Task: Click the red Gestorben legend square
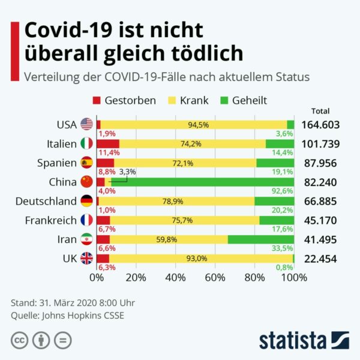[x=97, y=100]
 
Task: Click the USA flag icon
[x=86, y=125]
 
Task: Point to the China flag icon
[x=86, y=182]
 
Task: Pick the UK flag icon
[x=86, y=259]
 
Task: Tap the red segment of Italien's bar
[x=107, y=144]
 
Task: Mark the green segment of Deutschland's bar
[x=274, y=201]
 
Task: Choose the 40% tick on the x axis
[x=175, y=277]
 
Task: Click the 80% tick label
[x=254, y=277]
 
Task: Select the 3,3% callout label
[x=128, y=172]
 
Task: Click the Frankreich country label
[x=50, y=220]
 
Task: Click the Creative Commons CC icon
[x=19, y=340]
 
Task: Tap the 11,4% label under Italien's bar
[x=107, y=152]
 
